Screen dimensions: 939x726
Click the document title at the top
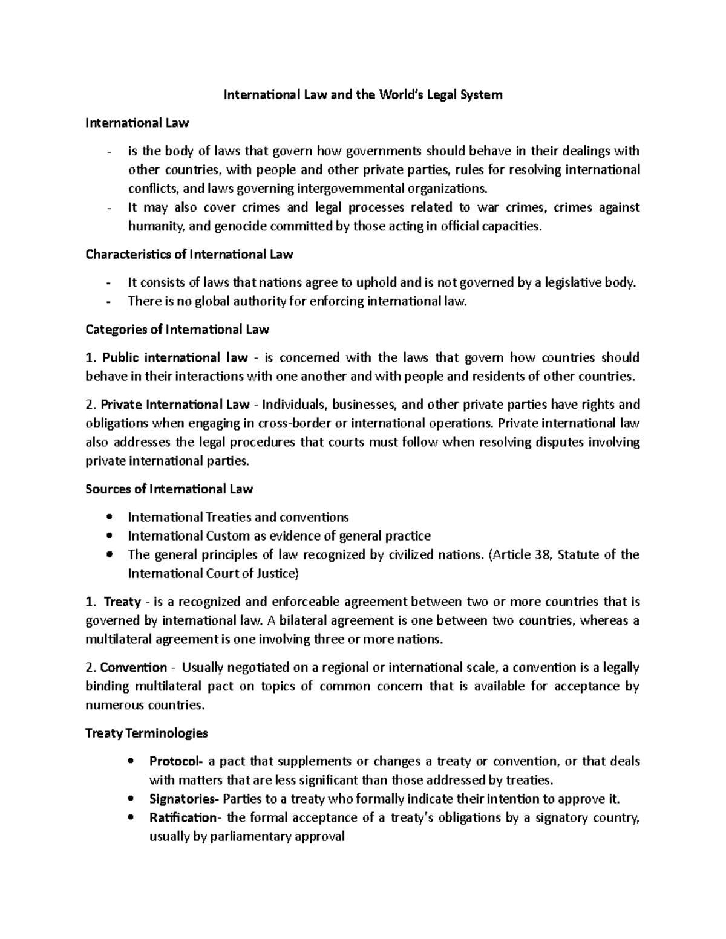pyautogui.click(x=363, y=95)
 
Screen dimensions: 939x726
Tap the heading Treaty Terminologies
pyautogui.click(x=147, y=733)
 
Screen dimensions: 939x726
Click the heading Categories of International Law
pyautogui.click(x=177, y=330)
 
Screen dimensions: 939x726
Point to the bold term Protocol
pyautogui.click(x=177, y=761)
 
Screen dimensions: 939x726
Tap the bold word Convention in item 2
pyautogui.click(x=133, y=668)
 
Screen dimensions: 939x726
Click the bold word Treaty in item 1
pyautogui.click(x=122, y=602)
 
